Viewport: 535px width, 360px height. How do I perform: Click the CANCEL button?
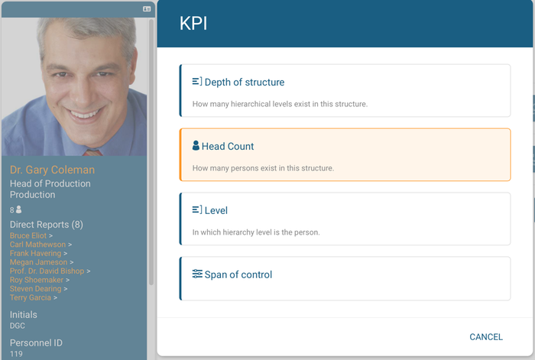[x=486, y=337]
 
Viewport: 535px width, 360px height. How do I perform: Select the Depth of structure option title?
[x=245, y=83]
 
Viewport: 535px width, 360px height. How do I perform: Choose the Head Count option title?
[x=228, y=147]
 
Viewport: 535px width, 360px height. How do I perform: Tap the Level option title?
[x=216, y=210]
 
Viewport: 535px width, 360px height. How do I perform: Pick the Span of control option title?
[x=238, y=274]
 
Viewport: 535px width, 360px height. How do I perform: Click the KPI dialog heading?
[x=193, y=24]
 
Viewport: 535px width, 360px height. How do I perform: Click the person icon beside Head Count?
[x=196, y=145]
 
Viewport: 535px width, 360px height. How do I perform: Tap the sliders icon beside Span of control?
[x=197, y=274]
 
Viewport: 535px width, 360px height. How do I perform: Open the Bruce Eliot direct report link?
[x=28, y=235]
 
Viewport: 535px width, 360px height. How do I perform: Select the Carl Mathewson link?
[x=37, y=245]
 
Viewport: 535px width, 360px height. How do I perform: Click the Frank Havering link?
[x=35, y=253]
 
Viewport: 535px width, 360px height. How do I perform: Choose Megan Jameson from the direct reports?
[x=38, y=262]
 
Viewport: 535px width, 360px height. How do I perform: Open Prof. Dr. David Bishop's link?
[x=47, y=271]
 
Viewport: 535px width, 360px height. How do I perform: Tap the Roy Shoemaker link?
[x=37, y=280]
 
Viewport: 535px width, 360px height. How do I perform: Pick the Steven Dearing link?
[x=35, y=289]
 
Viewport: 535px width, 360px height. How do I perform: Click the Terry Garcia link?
[x=31, y=297]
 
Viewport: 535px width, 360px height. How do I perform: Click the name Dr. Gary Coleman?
[x=52, y=170]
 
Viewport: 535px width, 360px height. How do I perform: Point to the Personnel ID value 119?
[x=16, y=354]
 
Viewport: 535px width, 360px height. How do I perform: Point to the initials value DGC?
[x=18, y=326]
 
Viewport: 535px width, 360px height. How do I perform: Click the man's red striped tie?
[x=92, y=152]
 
